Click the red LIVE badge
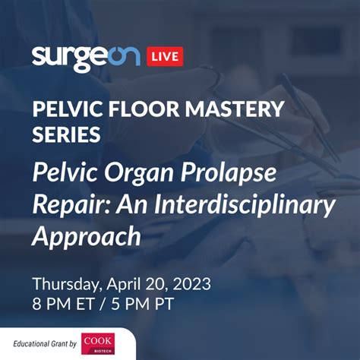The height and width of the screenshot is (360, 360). (165, 56)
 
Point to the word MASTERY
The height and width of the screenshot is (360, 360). (235, 109)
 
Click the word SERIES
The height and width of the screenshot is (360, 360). (66, 134)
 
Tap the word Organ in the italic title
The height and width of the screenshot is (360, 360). (139, 173)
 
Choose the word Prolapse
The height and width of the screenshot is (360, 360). (229, 173)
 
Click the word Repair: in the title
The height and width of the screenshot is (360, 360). (71, 205)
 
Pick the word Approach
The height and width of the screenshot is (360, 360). (87, 237)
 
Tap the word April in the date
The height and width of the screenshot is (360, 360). (123, 285)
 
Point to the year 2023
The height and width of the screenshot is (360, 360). (191, 284)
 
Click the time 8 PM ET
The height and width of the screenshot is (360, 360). (64, 304)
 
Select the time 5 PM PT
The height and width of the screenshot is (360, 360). (143, 304)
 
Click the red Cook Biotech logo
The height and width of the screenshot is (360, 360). (98, 343)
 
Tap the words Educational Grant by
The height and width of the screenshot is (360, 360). (45, 344)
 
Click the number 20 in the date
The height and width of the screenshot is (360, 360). (156, 284)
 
